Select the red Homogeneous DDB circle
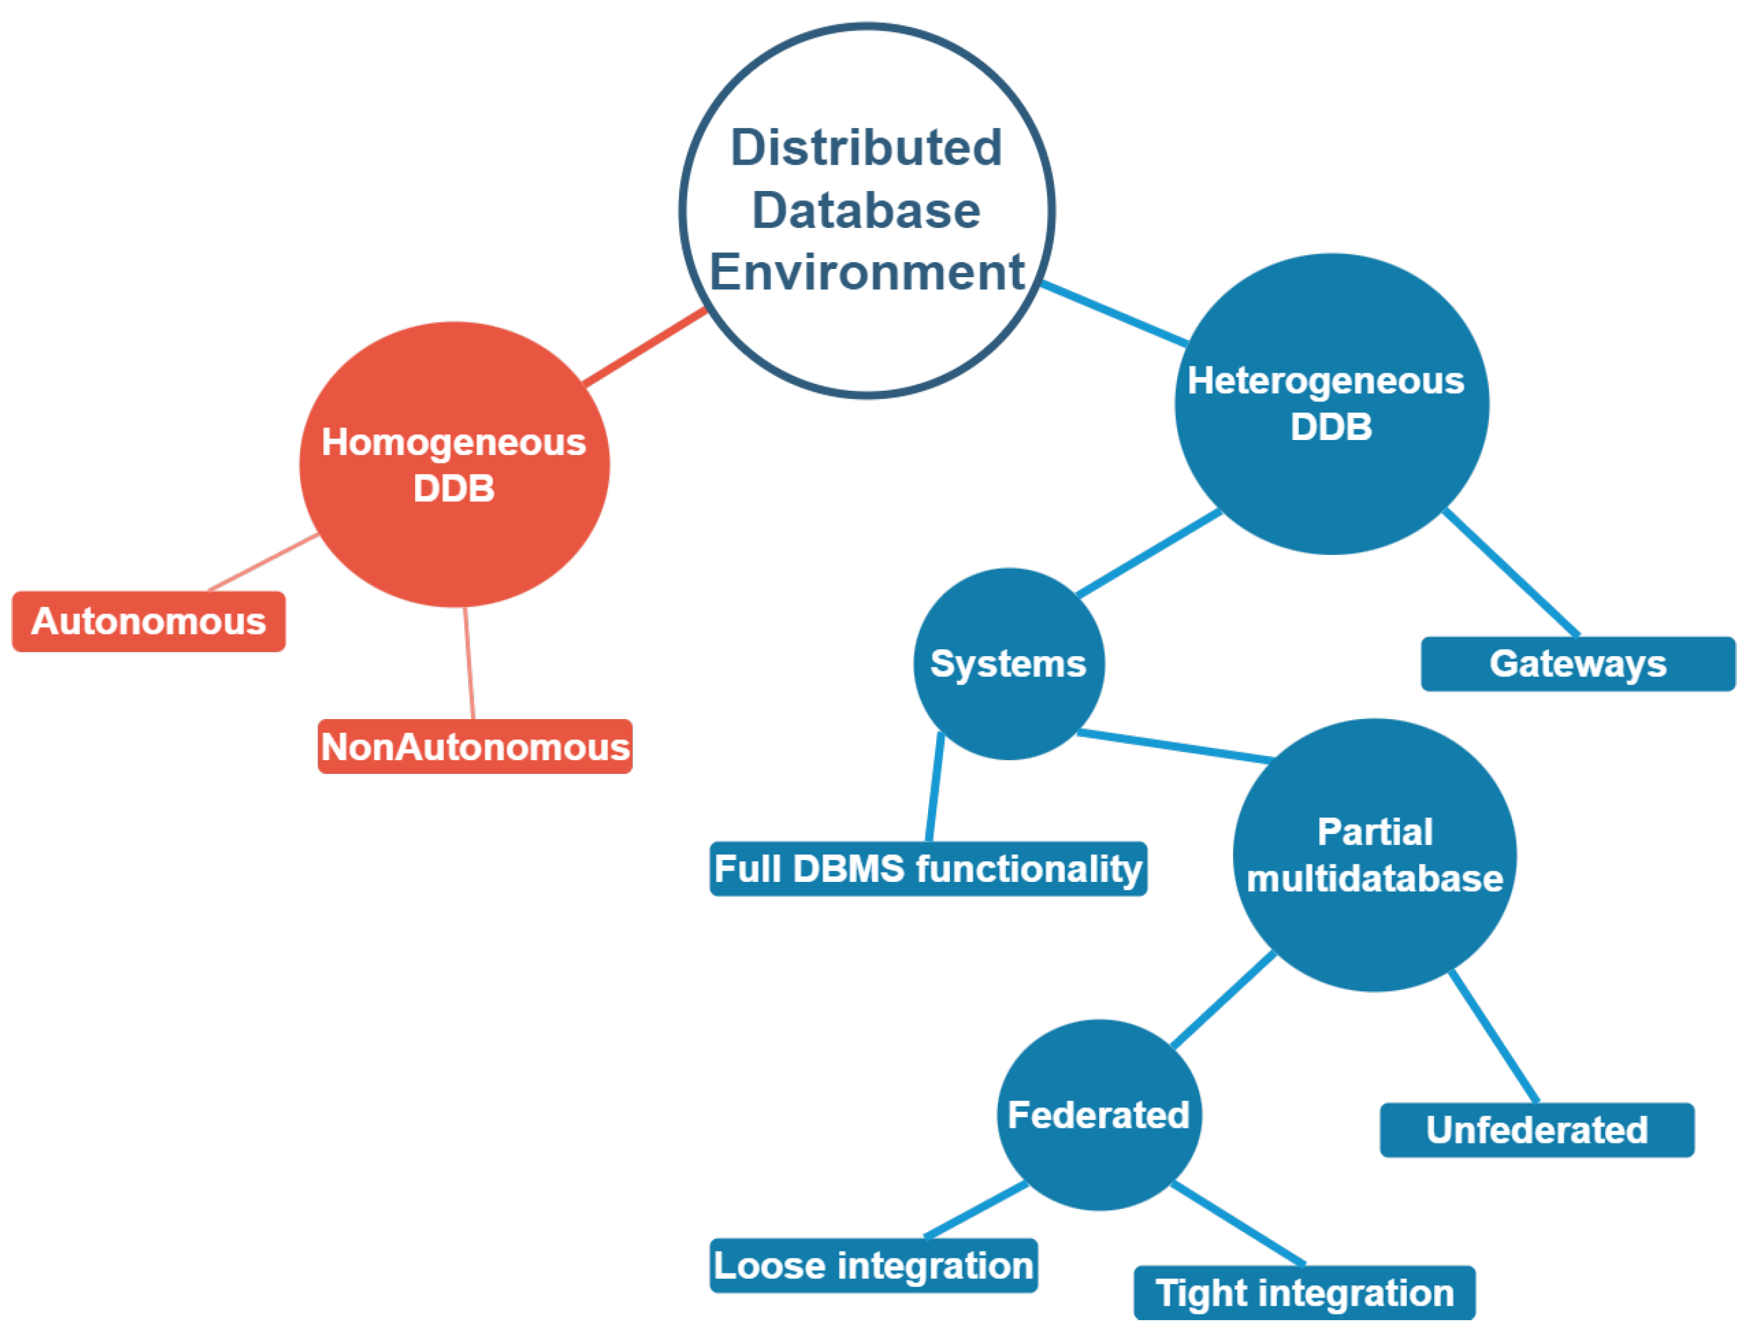(x=454, y=465)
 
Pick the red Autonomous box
(x=149, y=622)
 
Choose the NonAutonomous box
(x=474, y=747)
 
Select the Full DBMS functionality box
(x=927, y=868)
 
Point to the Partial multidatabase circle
(x=1374, y=856)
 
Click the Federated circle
(x=1098, y=1115)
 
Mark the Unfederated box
(x=1536, y=1130)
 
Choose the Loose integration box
(x=873, y=1265)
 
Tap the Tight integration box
(x=1304, y=1293)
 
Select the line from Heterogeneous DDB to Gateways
(x=1510, y=572)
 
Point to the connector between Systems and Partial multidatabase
(x=1175, y=747)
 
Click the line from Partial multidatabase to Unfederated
(x=1493, y=1037)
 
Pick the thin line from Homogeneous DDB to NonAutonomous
(x=469, y=664)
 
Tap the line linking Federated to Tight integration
(x=1238, y=1224)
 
